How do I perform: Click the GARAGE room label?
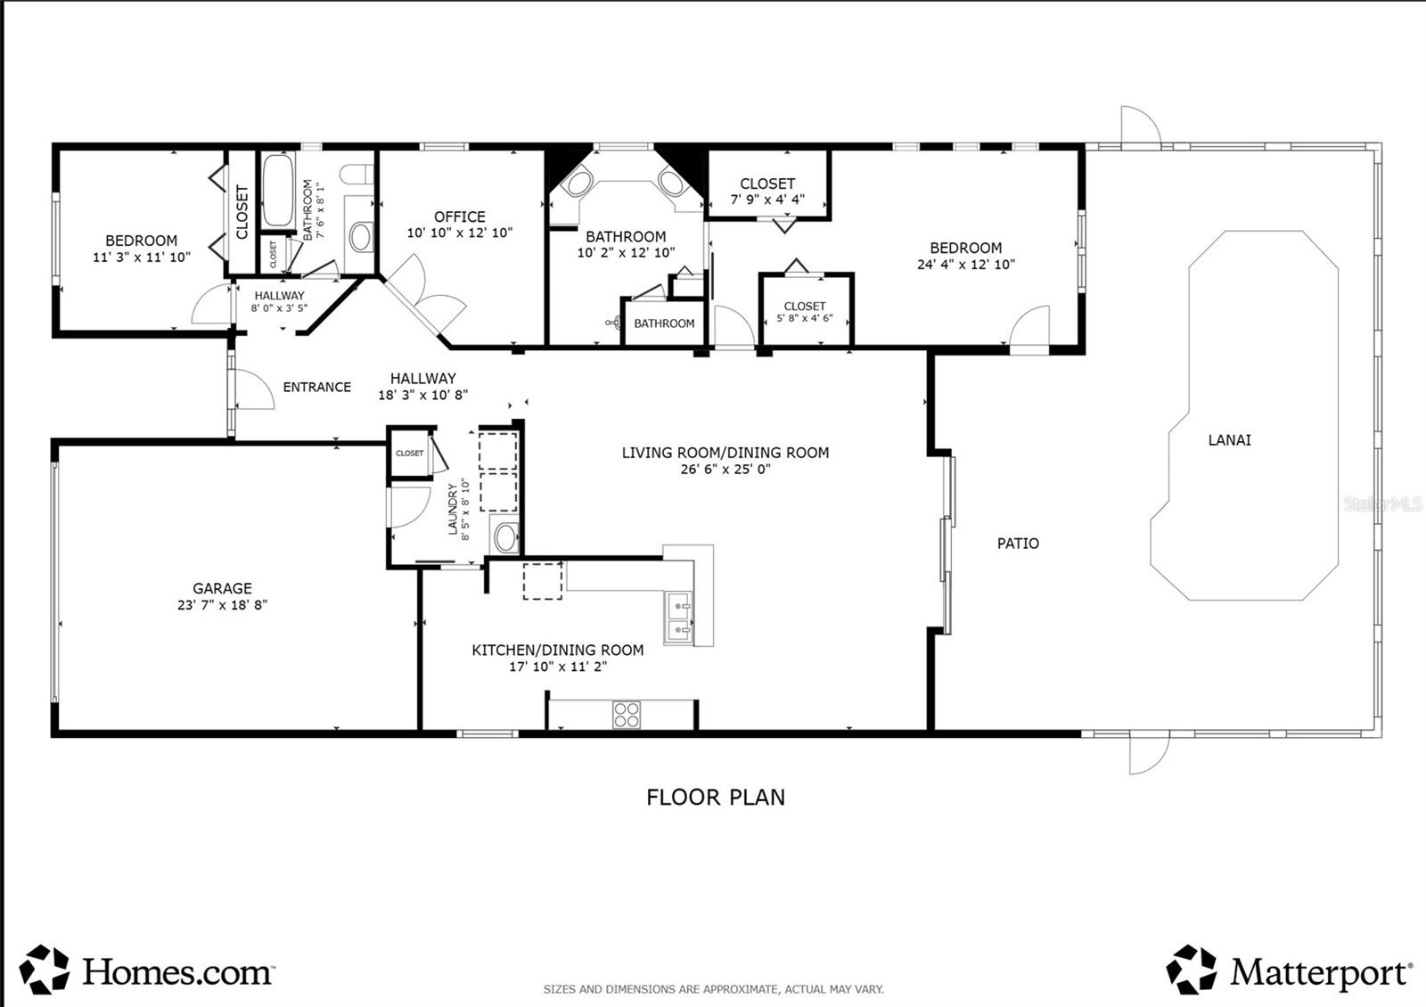point(222,588)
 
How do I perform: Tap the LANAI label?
point(1229,440)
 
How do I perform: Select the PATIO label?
point(1018,544)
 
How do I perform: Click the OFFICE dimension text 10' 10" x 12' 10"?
point(460,233)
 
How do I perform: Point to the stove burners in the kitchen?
point(627,715)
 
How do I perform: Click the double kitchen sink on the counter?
point(680,618)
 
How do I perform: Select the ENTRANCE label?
point(316,387)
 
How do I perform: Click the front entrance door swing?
point(254,389)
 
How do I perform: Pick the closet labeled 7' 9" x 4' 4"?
point(767,192)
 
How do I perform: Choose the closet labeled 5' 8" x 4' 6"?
point(805,312)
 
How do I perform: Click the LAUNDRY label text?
point(453,510)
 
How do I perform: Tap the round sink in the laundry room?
point(505,537)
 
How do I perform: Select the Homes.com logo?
point(147,970)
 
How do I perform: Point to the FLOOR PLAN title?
point(716,797)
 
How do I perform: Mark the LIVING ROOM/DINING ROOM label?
point(725,453)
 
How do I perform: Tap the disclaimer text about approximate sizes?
point(713,989)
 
